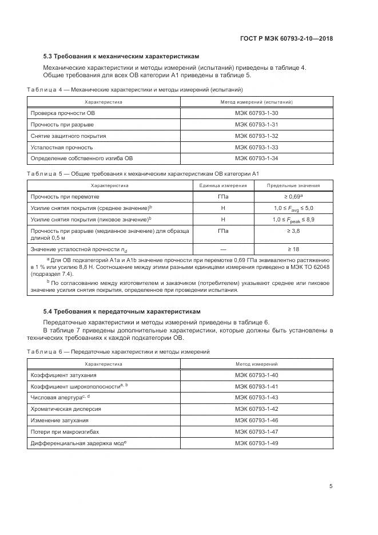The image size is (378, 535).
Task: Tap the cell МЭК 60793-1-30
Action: tap(257, 113)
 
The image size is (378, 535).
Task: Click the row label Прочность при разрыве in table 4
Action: tap(62, 124)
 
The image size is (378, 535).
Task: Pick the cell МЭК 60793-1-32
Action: tap(257, 136)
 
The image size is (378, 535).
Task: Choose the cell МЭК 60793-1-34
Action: tap(257, 157)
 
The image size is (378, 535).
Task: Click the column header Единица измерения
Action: tap(222, 185)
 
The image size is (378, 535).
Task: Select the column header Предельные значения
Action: tap(293, 185)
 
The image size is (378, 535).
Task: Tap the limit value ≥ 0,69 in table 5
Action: tap(293, 197)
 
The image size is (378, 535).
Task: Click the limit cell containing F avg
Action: tap(293, 208)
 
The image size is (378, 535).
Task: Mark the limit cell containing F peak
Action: tap(293, 220)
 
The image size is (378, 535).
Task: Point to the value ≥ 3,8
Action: tap(293, 231)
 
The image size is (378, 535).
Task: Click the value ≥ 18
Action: tap(293, 249)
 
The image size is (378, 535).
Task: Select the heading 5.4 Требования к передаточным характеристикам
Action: tap(122, 312)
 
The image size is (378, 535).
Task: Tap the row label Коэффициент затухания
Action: tap(63, 375)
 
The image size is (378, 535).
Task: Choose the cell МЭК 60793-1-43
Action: tap(257, 397)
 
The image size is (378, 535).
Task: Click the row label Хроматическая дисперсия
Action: tap(66, 409)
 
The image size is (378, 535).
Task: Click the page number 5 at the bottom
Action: tap(331, 487)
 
